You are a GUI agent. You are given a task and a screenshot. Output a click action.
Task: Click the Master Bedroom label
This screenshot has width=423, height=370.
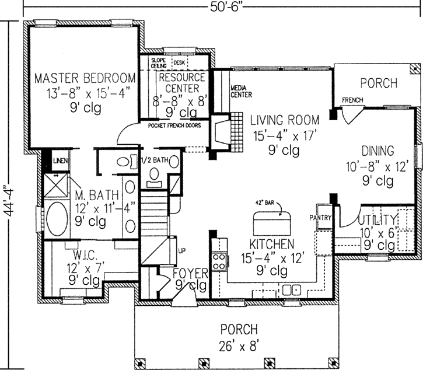[85, 78]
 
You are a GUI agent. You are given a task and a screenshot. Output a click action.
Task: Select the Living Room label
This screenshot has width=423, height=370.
[285, 121]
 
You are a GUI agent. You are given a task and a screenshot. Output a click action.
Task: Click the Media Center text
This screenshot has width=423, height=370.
[241, 90]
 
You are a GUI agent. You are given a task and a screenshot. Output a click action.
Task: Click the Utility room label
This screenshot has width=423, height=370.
[377, 220]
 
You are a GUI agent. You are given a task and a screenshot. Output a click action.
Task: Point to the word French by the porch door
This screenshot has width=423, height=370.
[352, 100]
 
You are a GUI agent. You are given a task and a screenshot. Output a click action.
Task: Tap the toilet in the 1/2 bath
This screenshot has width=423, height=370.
[155, 174]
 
